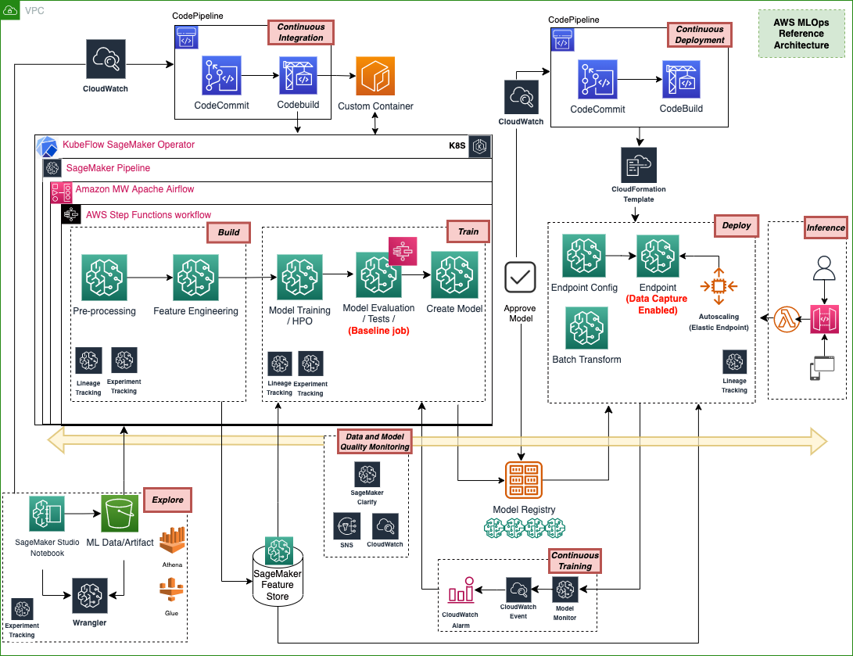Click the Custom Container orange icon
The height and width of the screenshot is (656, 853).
(x=376, y=76)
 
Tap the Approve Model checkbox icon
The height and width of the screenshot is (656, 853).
(x=520, y=278)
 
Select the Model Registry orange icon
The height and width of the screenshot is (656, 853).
(x=524, y=479)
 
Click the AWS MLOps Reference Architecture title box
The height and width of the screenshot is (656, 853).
(x=801, y=34)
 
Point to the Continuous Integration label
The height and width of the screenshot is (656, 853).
(x=301, y=32)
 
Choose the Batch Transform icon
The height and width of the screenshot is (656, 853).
(x=586, y=327)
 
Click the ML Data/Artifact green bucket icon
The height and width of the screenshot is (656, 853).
(x=120, y=514)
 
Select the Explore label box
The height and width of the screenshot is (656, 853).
(x=168, y=500)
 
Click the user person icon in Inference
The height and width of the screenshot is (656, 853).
(x=824, y=268)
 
